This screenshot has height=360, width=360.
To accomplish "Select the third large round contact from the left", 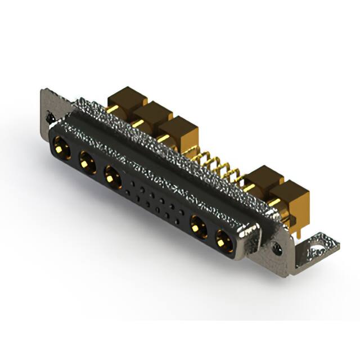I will pyautogui.click(x=113, y=178).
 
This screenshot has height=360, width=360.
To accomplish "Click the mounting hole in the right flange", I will pyautogui.click(x=277, y=246).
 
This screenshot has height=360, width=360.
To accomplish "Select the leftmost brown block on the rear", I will pyautogui.click(x=127, y=101).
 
